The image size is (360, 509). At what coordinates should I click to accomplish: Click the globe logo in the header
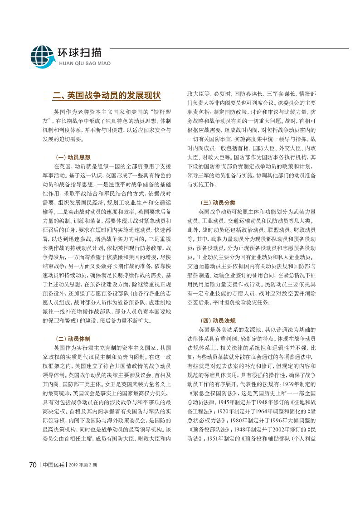pos(42,56)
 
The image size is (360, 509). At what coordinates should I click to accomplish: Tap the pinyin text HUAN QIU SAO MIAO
pos(83,63)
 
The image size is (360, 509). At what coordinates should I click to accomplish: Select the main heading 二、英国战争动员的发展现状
pos(107,96)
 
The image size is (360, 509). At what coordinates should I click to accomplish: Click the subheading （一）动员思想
pos(73,157)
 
